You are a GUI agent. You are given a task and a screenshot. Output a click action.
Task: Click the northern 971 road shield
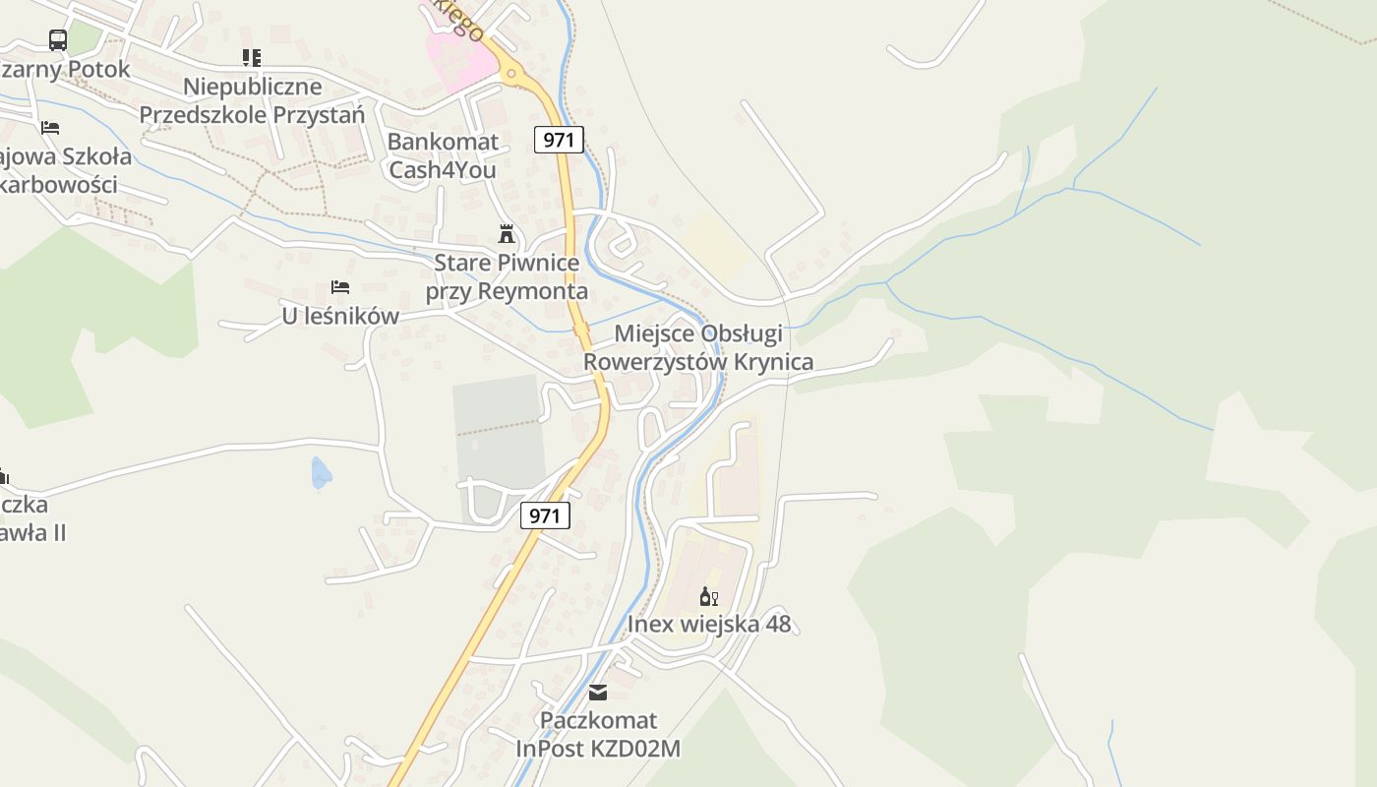coord(559,140)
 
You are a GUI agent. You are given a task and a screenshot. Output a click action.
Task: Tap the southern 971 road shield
coord(545,515)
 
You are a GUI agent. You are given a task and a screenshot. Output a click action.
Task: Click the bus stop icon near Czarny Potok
coord(58,40)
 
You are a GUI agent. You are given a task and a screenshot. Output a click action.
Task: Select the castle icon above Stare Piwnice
coord(507,234)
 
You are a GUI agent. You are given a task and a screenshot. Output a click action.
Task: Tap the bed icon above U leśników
coord(340,287)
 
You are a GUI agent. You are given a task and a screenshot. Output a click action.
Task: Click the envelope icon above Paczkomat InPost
coord(598,692)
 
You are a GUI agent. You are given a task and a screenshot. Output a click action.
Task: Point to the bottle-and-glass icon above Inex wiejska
coord(708,596)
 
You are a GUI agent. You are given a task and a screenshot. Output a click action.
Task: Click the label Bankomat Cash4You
coord(443,155)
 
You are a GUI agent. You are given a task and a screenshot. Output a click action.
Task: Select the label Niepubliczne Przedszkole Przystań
coord(252,100)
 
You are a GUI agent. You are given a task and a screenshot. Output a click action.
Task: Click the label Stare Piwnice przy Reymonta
coord(507,277)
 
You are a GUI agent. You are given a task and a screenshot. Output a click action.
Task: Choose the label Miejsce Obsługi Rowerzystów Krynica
coord(698,347)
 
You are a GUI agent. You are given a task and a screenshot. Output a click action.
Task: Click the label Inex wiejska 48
coord(708,624)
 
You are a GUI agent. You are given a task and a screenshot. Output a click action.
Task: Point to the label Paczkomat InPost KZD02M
coord(598,734)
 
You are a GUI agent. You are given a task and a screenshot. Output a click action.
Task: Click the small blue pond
coord(321,473)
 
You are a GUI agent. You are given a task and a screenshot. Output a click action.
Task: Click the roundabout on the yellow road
coord(510,72)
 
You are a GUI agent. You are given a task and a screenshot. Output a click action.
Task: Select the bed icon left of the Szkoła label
coord(50,128)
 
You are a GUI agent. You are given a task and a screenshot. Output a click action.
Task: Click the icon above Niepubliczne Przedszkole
coord(252,58)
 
